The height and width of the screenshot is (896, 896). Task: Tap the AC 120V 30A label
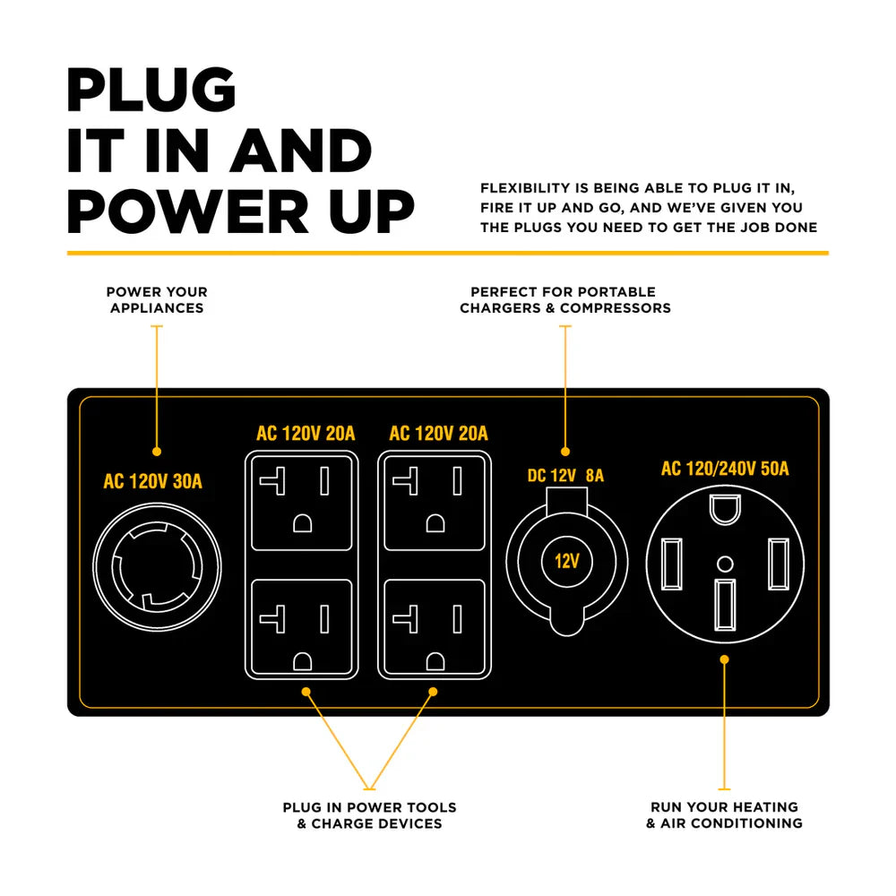pyautogui.click(x=153, y=482)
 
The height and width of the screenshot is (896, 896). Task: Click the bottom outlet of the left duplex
pyautogui.click(x=301, y=626)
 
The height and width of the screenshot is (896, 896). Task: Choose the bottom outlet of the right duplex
pyautogui.click(x=435, y=626)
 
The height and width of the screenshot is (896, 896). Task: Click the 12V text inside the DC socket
pyautogui.click(x=566, y=563)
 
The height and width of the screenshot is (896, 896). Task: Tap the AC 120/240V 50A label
pyautogui.click(x=725, y=469)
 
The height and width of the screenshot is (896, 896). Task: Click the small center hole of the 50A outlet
pyautogui.click(x=725, y=564)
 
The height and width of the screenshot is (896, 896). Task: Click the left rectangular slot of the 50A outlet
pyautogui.click(x=672, y=564)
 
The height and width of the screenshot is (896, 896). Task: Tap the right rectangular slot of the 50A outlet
pyautogui.click(x=778, y=564)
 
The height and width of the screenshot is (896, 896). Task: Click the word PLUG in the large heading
pyautogui.click(x=151, y=90)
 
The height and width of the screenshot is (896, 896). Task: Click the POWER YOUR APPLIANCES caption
pyautogui.click(x=157, y=300)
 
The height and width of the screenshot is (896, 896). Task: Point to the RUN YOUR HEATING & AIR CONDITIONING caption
pyautogui.click(x=724, y=815)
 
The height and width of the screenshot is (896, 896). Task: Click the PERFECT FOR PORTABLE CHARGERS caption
pyautogui.click(x=564, y=300)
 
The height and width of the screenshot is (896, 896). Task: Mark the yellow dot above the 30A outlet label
pyautogui.click(x=157, y=452)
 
